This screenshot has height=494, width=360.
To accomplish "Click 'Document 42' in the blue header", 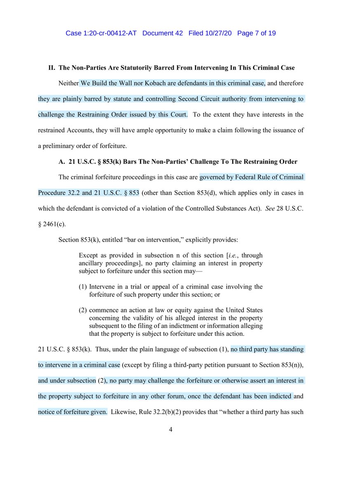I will click(x=162, y=33).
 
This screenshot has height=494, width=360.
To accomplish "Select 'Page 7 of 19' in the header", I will click(x=257, y=33).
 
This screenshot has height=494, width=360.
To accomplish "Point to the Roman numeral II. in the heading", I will click(x=52, y=68).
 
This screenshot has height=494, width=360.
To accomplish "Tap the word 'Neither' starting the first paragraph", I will click(x=68, y=84).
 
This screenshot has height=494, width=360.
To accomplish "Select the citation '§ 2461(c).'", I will click(x=51, y=224).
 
